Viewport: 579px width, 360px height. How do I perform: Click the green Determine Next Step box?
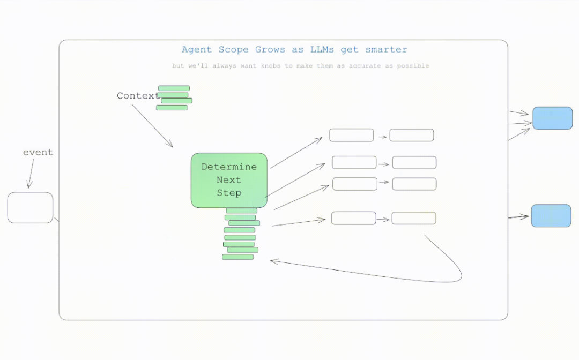coord(229,180)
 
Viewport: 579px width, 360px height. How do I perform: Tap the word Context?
coord(137,96)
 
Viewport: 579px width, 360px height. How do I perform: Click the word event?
coord(38,152)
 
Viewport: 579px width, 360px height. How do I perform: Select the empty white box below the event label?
coord(30,207)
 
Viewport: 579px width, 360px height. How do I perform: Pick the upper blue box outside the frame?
coord(552,118)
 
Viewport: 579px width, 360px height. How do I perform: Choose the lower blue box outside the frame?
coord(551,215)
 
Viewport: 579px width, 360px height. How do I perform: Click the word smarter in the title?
coord(386,50)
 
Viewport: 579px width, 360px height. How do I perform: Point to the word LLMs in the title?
coord(322,50)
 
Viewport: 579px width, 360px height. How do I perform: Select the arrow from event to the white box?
coord(30,172)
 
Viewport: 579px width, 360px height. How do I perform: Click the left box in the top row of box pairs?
coord(351,135)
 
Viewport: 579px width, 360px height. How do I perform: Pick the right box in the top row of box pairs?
coord(411,135)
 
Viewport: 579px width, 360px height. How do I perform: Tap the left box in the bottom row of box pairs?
coord(353,218)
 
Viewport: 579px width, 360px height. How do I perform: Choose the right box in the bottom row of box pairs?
coord(413,218)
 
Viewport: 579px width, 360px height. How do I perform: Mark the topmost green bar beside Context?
coord(174,88)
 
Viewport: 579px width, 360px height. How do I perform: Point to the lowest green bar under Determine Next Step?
coord(237,257)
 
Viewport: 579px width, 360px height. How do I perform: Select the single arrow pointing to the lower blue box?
coord(518,217)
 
